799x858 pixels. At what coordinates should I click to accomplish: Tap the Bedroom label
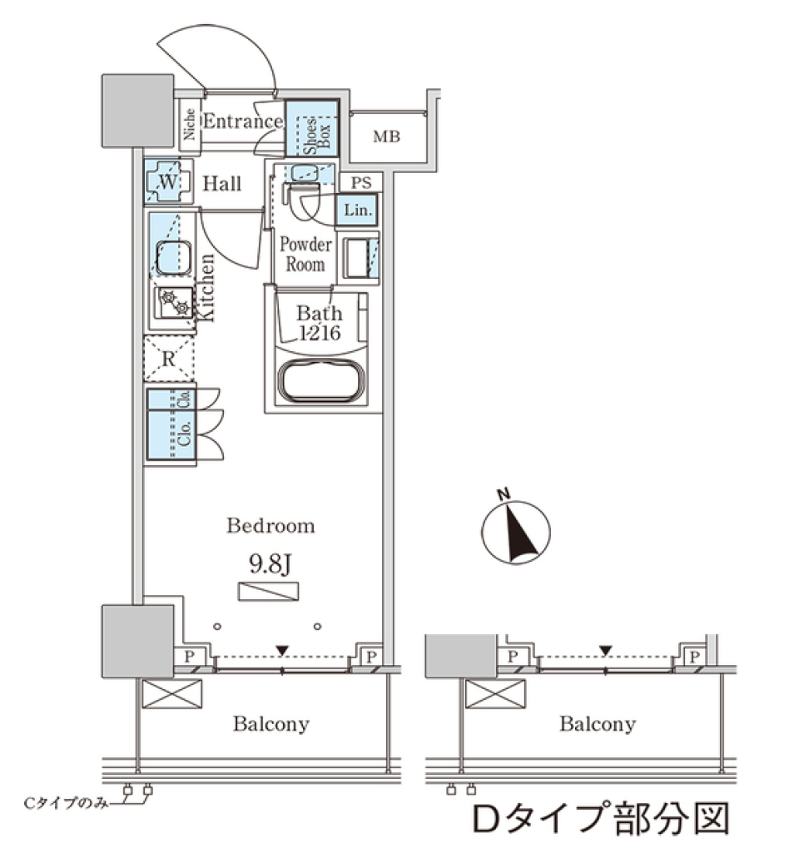pos(271,526)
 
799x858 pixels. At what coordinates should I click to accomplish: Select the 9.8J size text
pos(270,565)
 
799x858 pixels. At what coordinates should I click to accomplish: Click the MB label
pos(385,136)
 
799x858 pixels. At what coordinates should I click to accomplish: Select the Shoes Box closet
pos(312,129)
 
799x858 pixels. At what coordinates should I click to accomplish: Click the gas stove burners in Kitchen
pos(173,303)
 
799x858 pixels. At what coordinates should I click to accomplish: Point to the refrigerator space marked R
pos(169,360)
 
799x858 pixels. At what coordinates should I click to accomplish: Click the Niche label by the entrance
pos(190,126)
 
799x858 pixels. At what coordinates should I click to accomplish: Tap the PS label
pos(361,183)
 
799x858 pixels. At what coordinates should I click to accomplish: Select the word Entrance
pos(242,122)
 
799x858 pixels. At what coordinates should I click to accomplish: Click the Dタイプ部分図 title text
pos(600,819)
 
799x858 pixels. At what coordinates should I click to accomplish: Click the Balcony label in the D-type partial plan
pos(597,724)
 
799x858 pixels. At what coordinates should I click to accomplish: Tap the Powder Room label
pos(305,255)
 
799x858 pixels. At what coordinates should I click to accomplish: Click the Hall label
pos(222,184)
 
